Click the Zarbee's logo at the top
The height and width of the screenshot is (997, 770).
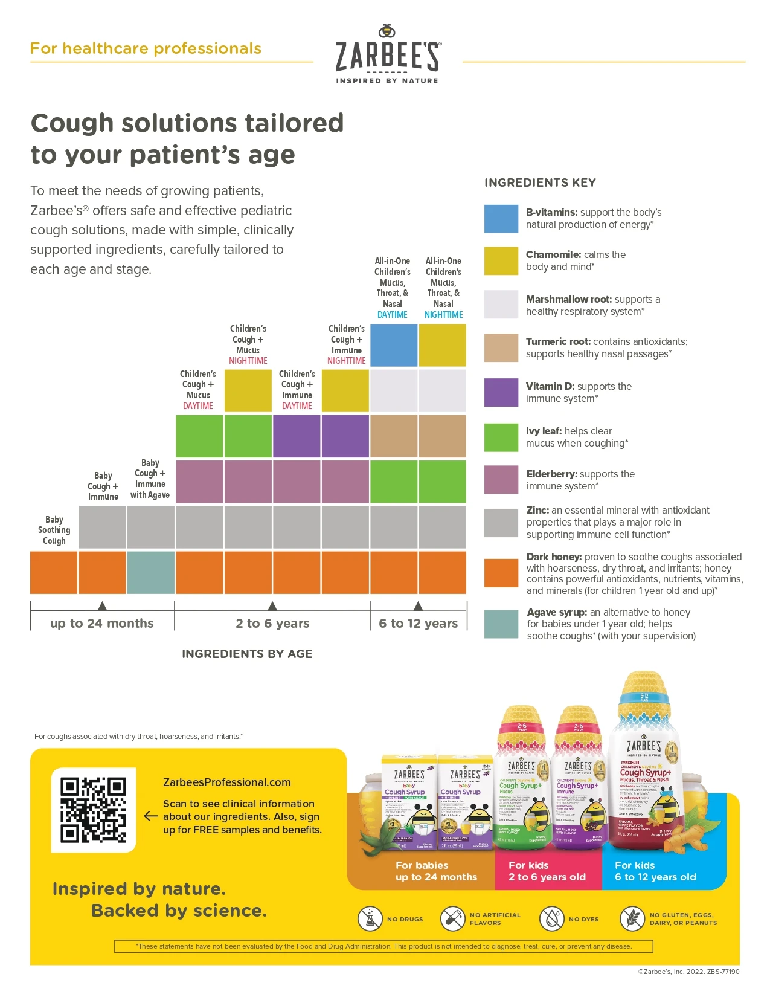click(x=388, y=55)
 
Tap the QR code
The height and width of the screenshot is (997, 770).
click(x=94, y=810)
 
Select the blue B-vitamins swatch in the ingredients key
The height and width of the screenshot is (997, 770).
click(x=501, y=219)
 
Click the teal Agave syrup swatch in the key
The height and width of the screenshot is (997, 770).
click(x=501, y=624)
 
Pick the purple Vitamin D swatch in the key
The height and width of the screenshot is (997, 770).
click(x=501, y=392)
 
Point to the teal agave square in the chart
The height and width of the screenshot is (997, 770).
click(x=150, y=572)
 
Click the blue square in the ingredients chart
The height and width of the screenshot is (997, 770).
click(x=394, y=345)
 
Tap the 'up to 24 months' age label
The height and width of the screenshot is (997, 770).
click(x=102, y=623)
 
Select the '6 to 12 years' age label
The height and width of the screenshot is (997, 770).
click(x=418, y=623)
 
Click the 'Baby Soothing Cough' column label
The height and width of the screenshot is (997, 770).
click(x=54, y=530)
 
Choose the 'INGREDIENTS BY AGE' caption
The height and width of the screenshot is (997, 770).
click(x=247, y=654)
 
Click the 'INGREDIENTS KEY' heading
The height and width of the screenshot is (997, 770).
click(x=540, y=182)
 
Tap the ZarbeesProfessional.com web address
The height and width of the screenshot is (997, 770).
click(x=226, y=782)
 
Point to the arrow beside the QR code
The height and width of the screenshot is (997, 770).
click(x=151, y=816)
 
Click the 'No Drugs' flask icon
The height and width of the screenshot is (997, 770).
click(x=370, y=918)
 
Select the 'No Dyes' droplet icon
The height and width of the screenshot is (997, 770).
click(x=551, y=918)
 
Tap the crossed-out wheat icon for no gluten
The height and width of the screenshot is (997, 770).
click(x=632, y=918)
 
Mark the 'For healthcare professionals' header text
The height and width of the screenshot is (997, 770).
click(x=146, y=48)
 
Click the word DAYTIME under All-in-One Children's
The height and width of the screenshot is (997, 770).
click(x=393, y=315)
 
